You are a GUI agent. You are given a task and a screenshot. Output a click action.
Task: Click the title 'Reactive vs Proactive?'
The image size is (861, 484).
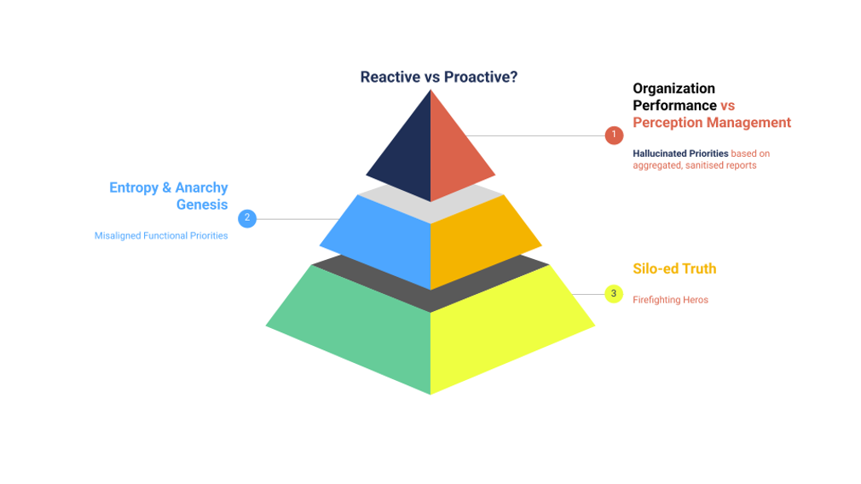[439, 77]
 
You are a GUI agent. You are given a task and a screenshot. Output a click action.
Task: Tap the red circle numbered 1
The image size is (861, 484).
[614, 135]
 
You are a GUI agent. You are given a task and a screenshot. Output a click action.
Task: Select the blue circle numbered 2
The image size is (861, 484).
[247, 218]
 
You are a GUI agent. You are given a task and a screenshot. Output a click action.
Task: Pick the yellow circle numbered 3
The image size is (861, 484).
[614, 294]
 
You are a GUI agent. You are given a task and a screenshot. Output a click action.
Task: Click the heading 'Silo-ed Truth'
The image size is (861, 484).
[674, 268]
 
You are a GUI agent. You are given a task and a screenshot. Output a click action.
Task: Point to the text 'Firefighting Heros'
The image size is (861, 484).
[670, 300]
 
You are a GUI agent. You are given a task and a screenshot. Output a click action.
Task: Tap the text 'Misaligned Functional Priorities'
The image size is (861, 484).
[161, 235]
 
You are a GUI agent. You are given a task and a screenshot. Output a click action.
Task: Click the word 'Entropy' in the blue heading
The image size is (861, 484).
[134, 187]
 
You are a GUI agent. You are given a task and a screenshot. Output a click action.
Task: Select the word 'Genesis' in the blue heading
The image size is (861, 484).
[202, 205]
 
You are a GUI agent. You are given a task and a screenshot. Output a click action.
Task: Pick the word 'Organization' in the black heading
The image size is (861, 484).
[673, 89]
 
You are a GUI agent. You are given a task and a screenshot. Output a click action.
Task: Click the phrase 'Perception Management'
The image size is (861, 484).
[712, 123]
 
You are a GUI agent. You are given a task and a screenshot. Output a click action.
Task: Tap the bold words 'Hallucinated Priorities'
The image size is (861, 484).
[680, 153]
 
